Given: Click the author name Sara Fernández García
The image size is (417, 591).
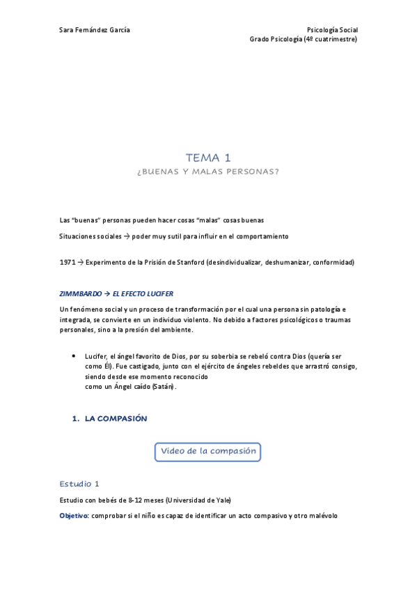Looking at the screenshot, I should pos(95,30).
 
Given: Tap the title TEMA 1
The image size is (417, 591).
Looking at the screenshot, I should pos(208,158).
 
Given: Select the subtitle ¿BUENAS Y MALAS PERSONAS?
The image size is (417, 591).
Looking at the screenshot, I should pos(208,171).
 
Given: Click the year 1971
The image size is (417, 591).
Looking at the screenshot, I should pos(68,262).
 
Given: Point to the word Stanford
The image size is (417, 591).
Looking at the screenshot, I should pos(181,262).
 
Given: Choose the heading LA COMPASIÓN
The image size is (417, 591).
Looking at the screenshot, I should pos(116,419).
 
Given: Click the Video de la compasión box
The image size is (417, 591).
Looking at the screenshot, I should pos(208,451).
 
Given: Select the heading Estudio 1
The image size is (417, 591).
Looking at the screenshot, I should pos(79,483).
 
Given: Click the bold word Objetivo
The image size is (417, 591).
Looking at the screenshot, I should pos(74,516).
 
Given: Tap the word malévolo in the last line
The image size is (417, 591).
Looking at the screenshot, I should pos(321,516).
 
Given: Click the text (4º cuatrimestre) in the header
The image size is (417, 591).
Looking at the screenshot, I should pos(331,40).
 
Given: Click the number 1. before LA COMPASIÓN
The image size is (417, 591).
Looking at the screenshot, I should pos(76,419).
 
